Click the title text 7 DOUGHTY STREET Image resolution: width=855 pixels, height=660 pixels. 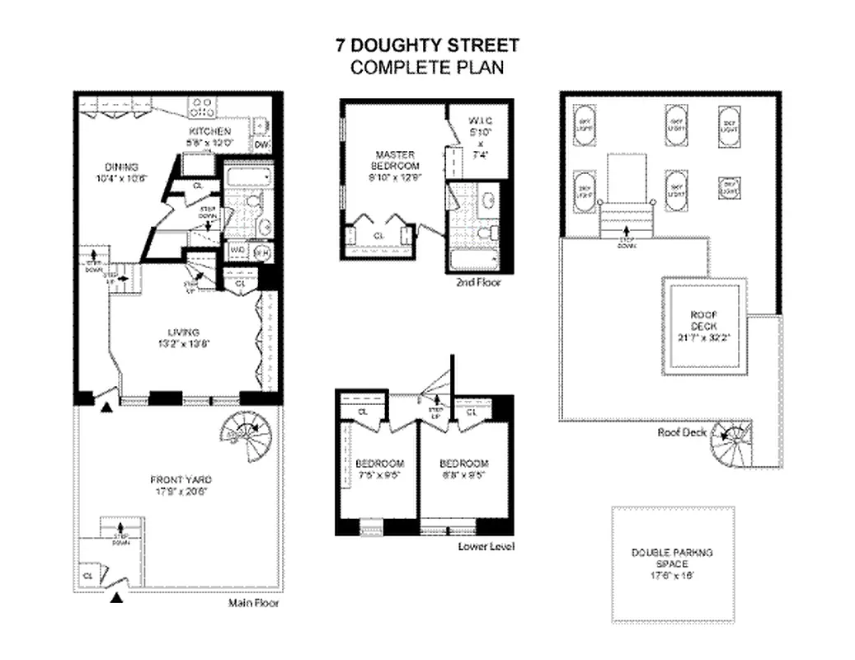tap(426, 46)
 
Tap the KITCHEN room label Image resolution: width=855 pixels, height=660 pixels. tap(209, 132)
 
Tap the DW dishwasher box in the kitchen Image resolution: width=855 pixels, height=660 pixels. tap(261, 145)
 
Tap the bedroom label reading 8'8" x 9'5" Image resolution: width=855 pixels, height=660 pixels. tap(463, 469)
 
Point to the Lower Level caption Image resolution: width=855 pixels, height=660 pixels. tap(486, 546)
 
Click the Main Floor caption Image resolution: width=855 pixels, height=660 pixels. tap(253, 603)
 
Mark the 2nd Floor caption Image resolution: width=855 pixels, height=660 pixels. tap(477, 282)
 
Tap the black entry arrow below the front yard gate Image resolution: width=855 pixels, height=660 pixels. tap(116, 598)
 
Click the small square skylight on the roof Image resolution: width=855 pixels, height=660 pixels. tap(728, 186)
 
